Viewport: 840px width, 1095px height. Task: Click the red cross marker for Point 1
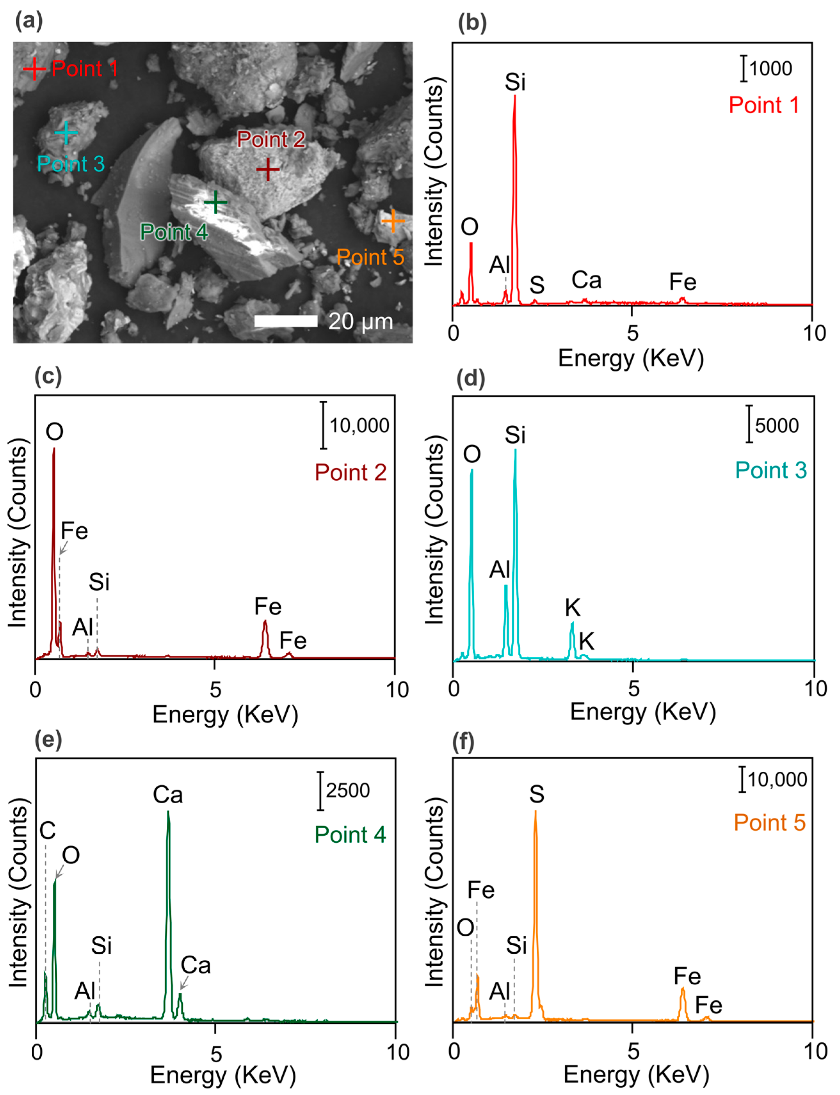[34, 68]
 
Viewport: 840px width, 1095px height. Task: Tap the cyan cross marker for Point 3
[66, 133]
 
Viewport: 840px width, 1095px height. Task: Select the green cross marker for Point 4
[215, 202]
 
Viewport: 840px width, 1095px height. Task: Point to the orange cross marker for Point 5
[393, 221]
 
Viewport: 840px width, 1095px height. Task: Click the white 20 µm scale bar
[285, 321]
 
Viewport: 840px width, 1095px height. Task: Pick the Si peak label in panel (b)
[515, 82]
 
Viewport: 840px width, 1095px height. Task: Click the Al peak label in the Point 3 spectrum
[500, 570]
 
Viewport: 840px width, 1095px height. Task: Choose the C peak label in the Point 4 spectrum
[47, 830]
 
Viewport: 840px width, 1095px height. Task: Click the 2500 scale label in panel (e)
[348, 790]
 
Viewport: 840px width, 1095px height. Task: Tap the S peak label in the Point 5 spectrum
[537, 794]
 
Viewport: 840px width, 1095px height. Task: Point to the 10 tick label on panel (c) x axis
[397, 690]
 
